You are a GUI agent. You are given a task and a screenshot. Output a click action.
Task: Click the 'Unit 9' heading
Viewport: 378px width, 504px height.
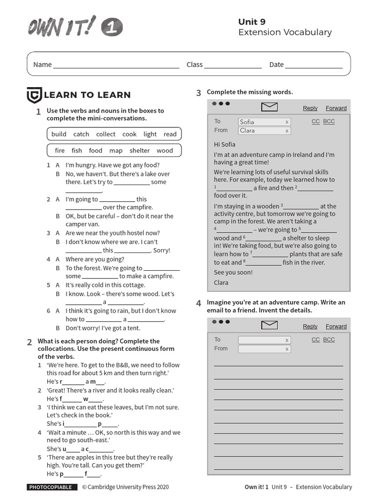(252, 21)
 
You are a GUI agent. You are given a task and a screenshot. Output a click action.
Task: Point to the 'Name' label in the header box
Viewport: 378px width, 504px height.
(42, 64)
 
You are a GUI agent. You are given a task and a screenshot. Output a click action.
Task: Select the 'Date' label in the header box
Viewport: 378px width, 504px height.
(276, 64)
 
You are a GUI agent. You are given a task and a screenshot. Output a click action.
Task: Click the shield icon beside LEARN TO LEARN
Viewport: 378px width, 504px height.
(33, 95)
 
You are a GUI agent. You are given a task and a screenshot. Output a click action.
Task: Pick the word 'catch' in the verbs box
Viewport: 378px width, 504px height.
(81, 134)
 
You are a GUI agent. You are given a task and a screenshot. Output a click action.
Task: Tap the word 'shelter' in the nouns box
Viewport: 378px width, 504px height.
(139, 151)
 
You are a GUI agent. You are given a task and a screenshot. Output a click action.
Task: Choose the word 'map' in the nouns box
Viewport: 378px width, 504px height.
(116, 151)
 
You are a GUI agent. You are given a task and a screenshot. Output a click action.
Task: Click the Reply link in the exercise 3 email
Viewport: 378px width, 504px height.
(310, 108)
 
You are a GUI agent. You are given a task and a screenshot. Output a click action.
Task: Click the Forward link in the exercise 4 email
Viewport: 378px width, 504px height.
(336, 326)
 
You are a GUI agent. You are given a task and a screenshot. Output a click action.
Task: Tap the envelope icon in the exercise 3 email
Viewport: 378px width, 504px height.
(269, 107)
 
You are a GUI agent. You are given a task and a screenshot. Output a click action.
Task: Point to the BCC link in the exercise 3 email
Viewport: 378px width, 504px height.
(329, 122)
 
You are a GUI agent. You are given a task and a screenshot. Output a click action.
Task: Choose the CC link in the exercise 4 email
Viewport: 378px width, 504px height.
(315, 340)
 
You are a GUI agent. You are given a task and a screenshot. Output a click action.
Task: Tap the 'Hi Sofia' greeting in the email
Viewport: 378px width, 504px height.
(224, 144)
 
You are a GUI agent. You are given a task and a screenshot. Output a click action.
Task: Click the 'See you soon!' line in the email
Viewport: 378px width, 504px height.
(233, 272)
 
